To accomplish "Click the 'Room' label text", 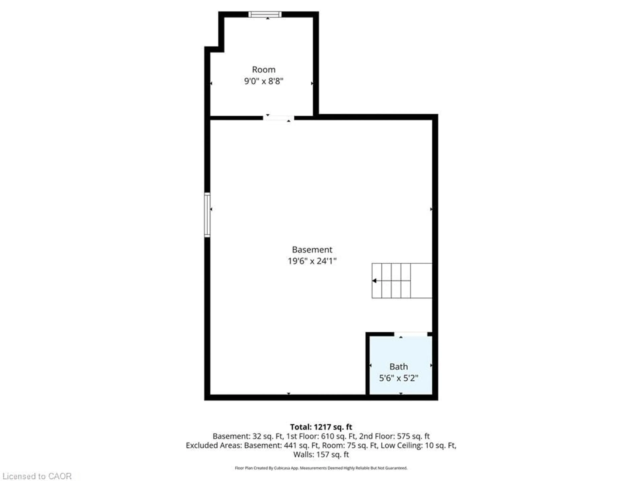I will tap(263, 70).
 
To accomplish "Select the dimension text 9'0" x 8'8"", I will tap(263, 81).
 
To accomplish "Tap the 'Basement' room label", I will tap(312, 250).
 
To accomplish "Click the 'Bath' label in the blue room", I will tap(399, 367).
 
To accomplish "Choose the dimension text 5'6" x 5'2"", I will tap(399, 378).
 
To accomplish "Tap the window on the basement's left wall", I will tap(207, 215).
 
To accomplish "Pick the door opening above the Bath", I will tap(411, 334).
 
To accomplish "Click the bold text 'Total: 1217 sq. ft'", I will tap(321, 427).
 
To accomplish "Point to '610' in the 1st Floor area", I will tap(327, 436).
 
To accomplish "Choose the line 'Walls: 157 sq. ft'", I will tap(321, 454).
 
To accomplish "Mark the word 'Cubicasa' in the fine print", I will tap(281, 468).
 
